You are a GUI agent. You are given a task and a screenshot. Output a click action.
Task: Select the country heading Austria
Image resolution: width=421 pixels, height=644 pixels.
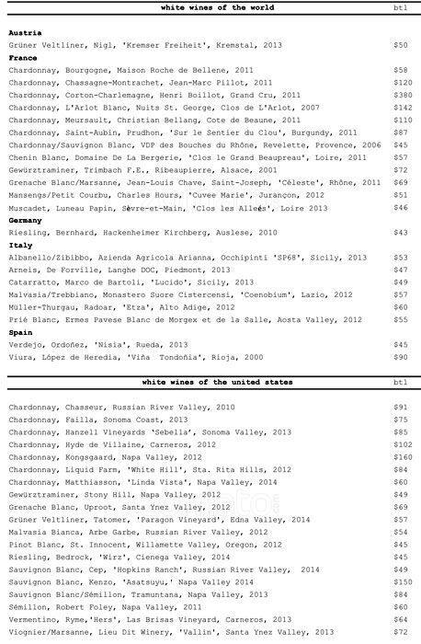25,32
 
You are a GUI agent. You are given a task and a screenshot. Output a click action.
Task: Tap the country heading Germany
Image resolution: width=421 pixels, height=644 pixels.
27,221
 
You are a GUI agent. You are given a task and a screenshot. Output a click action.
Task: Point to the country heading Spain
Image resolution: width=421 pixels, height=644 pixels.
21,332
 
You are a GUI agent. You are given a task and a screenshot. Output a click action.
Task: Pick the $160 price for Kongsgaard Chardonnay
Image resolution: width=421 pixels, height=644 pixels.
402,456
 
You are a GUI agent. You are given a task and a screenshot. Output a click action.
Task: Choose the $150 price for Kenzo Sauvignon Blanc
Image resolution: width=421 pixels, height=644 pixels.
402,581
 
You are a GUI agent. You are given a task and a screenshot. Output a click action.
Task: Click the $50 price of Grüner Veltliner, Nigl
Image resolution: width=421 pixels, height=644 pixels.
400,44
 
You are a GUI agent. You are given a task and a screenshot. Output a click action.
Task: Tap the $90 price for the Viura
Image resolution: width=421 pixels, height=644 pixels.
400,357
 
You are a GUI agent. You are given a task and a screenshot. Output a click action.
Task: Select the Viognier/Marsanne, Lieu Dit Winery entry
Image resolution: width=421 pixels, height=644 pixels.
170,632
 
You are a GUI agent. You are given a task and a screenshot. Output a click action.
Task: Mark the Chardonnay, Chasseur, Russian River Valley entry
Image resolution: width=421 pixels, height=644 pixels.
121,407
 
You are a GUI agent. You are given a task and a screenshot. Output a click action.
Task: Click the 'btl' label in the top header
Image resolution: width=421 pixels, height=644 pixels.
400,6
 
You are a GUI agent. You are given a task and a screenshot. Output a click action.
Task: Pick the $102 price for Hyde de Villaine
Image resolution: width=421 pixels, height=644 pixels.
402,443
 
